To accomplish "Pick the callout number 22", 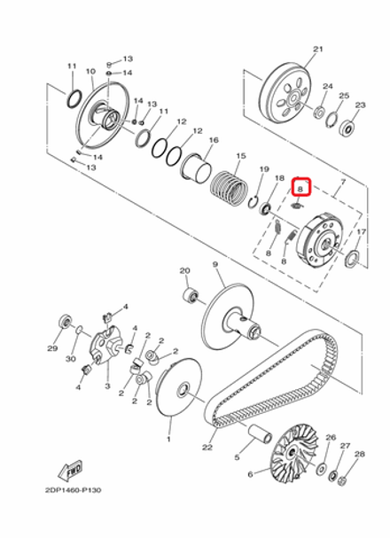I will click(x=207, y=448).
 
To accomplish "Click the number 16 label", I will click(x=213, y=140).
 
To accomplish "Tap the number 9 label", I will click(x=214, y=264).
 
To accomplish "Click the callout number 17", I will click(x=362, y=232).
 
